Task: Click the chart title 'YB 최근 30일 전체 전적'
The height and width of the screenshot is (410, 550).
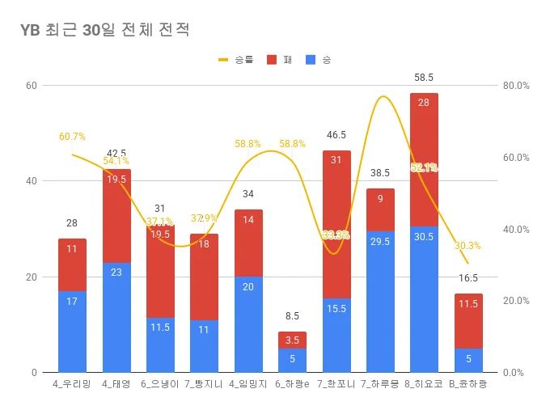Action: (x=105, y=32)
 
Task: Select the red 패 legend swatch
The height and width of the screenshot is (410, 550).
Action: (x=271, y=60)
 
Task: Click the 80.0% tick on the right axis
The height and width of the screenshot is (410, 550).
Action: (x=515, y=86)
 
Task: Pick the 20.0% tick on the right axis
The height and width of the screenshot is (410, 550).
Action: (x=515, y=301)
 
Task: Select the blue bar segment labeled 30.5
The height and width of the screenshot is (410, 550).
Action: (x=424, y=299)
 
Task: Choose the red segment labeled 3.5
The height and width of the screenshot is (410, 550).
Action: (x=292, y=340)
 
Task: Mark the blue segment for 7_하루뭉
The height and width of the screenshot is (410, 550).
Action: (x=380, y=302)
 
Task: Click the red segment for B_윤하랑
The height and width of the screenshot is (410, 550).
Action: (x=468, y=321)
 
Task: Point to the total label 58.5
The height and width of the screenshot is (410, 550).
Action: (x=424, y=78)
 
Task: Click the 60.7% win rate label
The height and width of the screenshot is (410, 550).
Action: (x=72, y=137)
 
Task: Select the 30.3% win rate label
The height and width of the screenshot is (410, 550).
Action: (x=467, y=246)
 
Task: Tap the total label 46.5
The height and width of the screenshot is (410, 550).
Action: (x=336, y=135)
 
